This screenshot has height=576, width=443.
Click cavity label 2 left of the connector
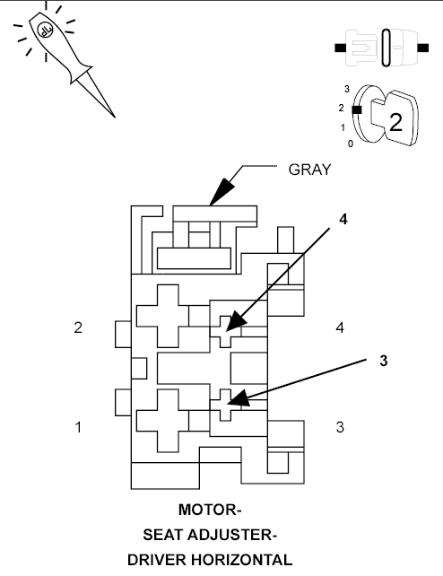(78, 327)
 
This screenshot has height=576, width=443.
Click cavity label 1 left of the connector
(78, 427)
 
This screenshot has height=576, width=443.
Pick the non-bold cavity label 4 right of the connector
(339, 327)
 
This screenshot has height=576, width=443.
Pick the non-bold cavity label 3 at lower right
(339, 427)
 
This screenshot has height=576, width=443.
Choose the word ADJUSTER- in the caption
(236, 536)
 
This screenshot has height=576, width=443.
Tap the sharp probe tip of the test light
(112, 115)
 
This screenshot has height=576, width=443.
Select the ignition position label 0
(350, 144)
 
